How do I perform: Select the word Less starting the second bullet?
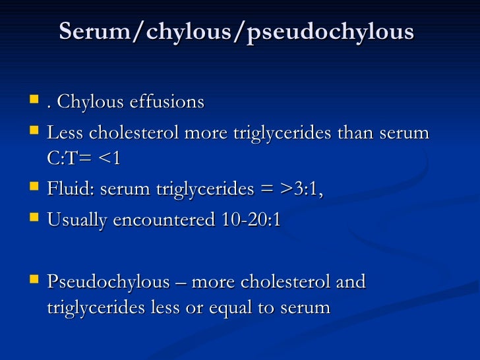(x=65, y=133)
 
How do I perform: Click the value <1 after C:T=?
(x=110, y=160)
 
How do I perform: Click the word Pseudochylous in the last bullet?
(x=108, y=282)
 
